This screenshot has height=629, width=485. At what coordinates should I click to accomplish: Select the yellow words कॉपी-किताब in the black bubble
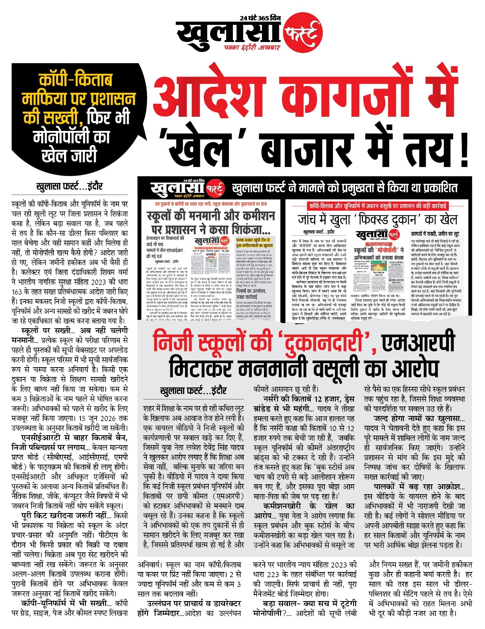pos(76,80)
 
